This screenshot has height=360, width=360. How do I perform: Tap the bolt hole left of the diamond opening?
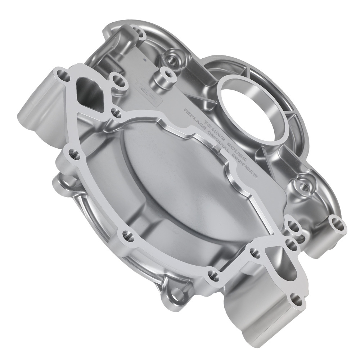[63, 77]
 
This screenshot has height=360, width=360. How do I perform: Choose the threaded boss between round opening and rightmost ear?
[302, 185]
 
